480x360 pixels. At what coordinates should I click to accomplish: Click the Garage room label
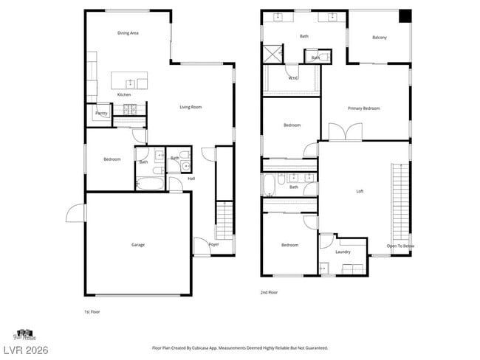point(138,245)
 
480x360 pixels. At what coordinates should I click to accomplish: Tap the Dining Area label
point(128,33)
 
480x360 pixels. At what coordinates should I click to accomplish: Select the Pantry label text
point(102,114)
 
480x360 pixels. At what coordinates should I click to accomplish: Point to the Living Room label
point(191,107)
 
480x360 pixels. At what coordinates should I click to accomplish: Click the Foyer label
point(213,244)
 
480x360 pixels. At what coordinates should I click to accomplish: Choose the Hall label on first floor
point(191,178)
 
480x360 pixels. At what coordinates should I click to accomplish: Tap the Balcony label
point(380,38)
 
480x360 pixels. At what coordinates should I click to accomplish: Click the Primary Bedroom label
point(364,108)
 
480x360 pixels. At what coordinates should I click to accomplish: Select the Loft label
point(360,191)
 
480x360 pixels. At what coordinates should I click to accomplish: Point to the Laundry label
point(343,252)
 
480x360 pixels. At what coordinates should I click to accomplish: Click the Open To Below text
point(400,246)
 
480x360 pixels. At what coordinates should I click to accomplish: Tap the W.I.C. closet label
point(293,77)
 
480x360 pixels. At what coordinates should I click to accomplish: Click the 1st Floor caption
point(92,312)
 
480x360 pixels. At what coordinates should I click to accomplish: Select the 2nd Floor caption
point(270,292)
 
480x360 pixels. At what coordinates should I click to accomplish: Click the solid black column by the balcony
point(405,16)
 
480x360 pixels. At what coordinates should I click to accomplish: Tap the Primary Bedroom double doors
point(345,133)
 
